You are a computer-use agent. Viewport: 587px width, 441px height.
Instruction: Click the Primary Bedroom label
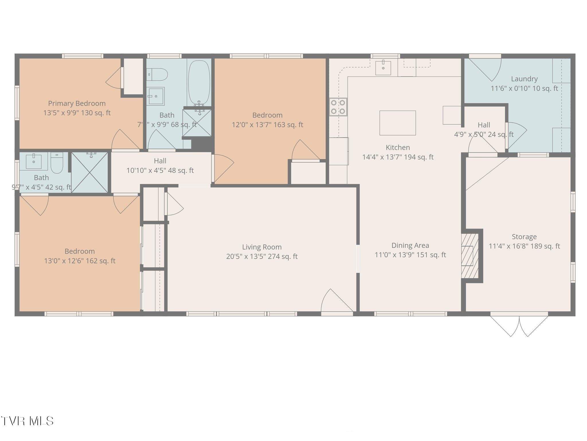[77, 103]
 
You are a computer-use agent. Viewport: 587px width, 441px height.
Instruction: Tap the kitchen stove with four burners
[338, 107]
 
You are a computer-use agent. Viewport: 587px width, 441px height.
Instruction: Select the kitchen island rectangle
[398, 123]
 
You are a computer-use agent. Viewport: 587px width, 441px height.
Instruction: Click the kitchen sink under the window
[383, 68]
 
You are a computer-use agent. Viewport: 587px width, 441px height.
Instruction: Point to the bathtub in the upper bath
[199, 82]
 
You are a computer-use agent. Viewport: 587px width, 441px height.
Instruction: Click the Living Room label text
[262, 247]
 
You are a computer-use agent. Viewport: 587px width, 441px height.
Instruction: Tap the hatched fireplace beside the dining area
[469, 256]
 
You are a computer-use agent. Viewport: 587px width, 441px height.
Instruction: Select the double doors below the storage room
[519, 326]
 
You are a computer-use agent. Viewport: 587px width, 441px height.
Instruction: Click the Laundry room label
[524, 79]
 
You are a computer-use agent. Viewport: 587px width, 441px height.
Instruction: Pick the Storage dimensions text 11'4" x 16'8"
[524, 246]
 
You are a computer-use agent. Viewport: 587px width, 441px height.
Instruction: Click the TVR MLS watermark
[27, 421]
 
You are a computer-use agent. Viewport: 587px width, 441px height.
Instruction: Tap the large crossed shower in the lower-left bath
[89, 173]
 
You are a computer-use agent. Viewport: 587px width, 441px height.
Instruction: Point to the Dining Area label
[410, 245]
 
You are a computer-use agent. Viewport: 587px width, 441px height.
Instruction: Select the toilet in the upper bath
[157, 75]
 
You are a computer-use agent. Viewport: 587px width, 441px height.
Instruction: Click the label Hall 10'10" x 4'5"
[160, 166]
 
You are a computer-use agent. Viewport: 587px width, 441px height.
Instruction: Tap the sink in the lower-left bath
[34, 162]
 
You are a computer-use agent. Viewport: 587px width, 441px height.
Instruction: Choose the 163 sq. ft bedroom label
[267, 120]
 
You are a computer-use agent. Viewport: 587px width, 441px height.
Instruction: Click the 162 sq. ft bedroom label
[79, 256]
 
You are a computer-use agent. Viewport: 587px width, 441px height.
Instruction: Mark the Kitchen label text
[398, 148]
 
